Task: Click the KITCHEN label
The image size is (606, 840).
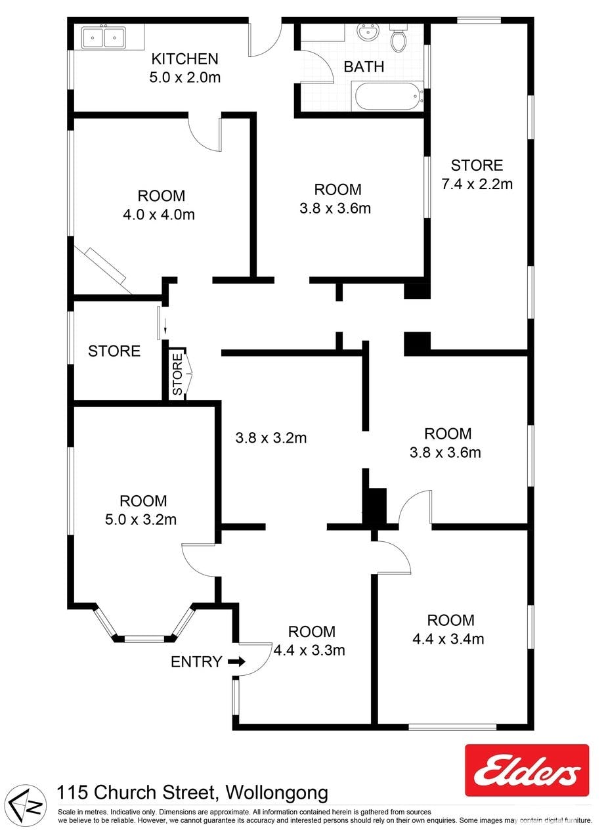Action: click(184, 59)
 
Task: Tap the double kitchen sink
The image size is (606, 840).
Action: click(104, 36)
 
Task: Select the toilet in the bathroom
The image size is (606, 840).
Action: click(398, 37)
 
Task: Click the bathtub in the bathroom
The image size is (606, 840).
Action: click(387, 96)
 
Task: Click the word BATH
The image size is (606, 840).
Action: click(364, 67)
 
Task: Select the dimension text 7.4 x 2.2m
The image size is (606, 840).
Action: click(477, 184)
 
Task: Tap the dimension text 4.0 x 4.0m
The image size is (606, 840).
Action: click(159, 215)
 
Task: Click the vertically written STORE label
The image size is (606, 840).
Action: click(177, 374)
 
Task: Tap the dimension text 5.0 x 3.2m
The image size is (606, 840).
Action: click(141, 519)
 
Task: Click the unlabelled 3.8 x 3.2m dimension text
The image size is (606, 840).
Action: click(271, 437)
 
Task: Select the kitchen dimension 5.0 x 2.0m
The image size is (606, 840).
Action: click(184, 77)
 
